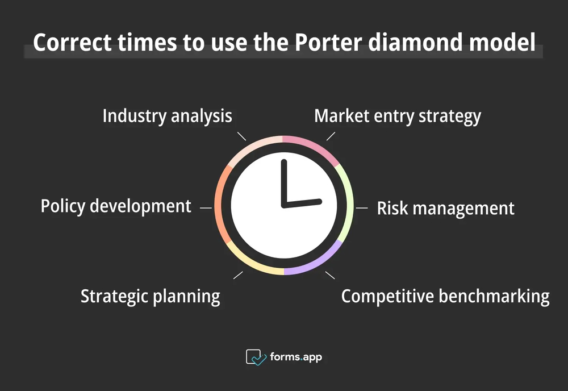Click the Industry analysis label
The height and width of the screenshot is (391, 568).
click(x=167, y=116)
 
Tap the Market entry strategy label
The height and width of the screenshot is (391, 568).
click(x=398, y=116)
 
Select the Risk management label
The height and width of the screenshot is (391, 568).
click(x=445, y=208)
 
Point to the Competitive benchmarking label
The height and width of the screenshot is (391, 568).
click(x=445, y=296)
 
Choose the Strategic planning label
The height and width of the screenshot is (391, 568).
click(x=150, y=296)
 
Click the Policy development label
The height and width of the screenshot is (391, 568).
click(x=116, y=206)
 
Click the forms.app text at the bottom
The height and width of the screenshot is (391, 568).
click(x=296, y=357)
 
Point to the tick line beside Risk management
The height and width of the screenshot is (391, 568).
click(x=362, y=208)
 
